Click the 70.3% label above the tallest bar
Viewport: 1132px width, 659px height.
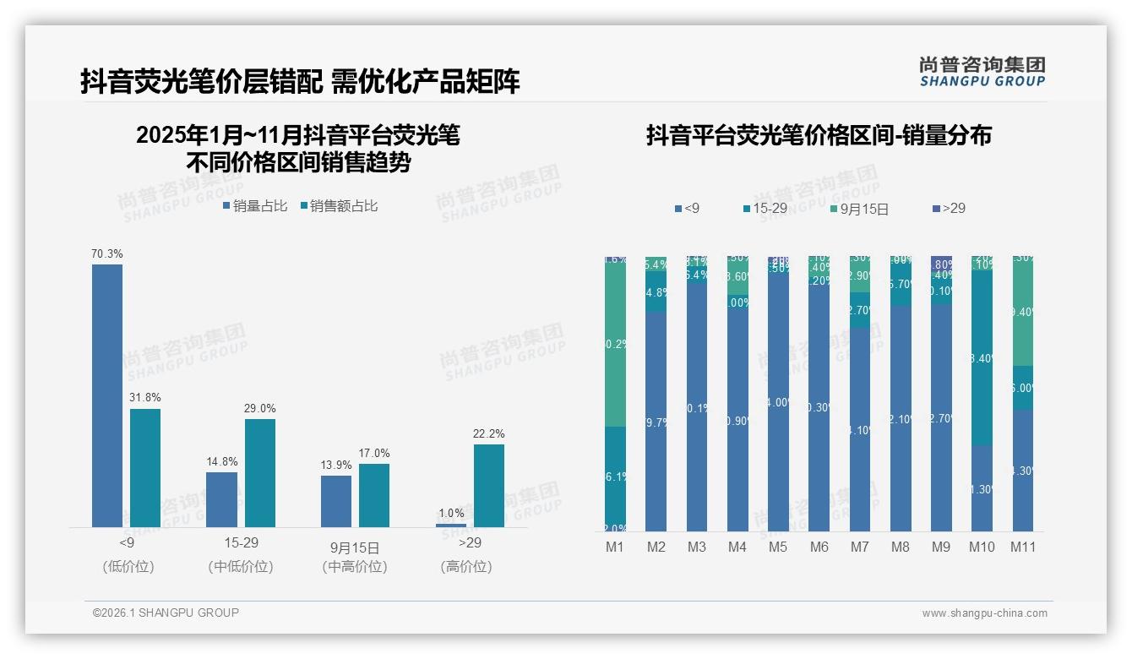point(107,253)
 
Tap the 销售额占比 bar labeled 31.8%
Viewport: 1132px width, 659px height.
point(145,468)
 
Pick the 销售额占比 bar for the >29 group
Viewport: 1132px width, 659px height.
point(489,486)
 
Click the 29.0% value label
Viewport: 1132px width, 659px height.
point(259,408)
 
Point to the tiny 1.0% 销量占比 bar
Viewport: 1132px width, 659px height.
point(451,526)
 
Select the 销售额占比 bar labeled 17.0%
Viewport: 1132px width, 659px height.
point(374,495)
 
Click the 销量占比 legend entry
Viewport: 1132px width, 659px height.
point(255,205)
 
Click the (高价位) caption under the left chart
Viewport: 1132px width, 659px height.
point(465,567)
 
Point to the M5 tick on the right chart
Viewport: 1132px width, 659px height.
point(778,547)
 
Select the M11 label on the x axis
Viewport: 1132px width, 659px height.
point(1023,547)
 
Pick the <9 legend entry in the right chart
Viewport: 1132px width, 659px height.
point(687,208)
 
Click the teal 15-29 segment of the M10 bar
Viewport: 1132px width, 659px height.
point(982,357)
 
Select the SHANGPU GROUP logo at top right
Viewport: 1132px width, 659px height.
point(982,72)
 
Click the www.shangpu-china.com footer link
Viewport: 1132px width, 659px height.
point(984,613)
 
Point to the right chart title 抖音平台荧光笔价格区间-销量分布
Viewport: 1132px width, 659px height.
point(819,135)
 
